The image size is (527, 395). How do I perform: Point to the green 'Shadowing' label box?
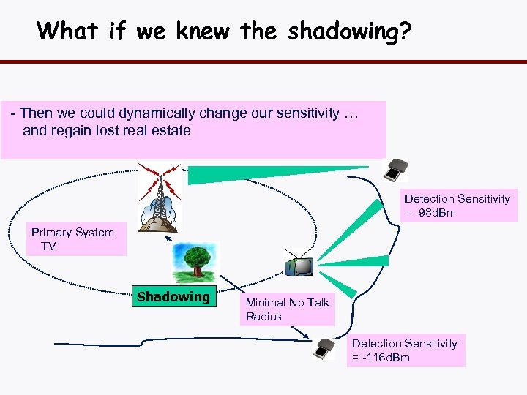173,297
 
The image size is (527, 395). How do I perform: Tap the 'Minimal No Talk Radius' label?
287,309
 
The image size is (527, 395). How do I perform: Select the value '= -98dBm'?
430,213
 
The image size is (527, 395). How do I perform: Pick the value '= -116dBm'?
381,358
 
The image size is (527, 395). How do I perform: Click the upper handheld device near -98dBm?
396,170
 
